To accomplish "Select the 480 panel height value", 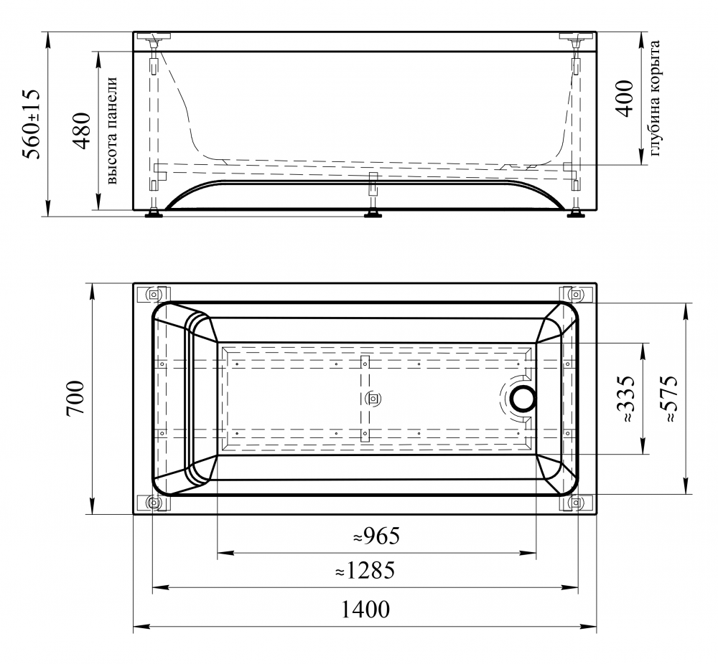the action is coord(82,131).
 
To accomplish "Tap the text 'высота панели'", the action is coord(112,131).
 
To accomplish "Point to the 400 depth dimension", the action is coord(625,98).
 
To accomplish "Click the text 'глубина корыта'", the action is coord(655,98).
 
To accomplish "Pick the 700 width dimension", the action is coord(75,398).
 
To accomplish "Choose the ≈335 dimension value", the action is coord(625,398).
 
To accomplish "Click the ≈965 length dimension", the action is coord(376,536).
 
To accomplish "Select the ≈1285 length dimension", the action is coord(365,570).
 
